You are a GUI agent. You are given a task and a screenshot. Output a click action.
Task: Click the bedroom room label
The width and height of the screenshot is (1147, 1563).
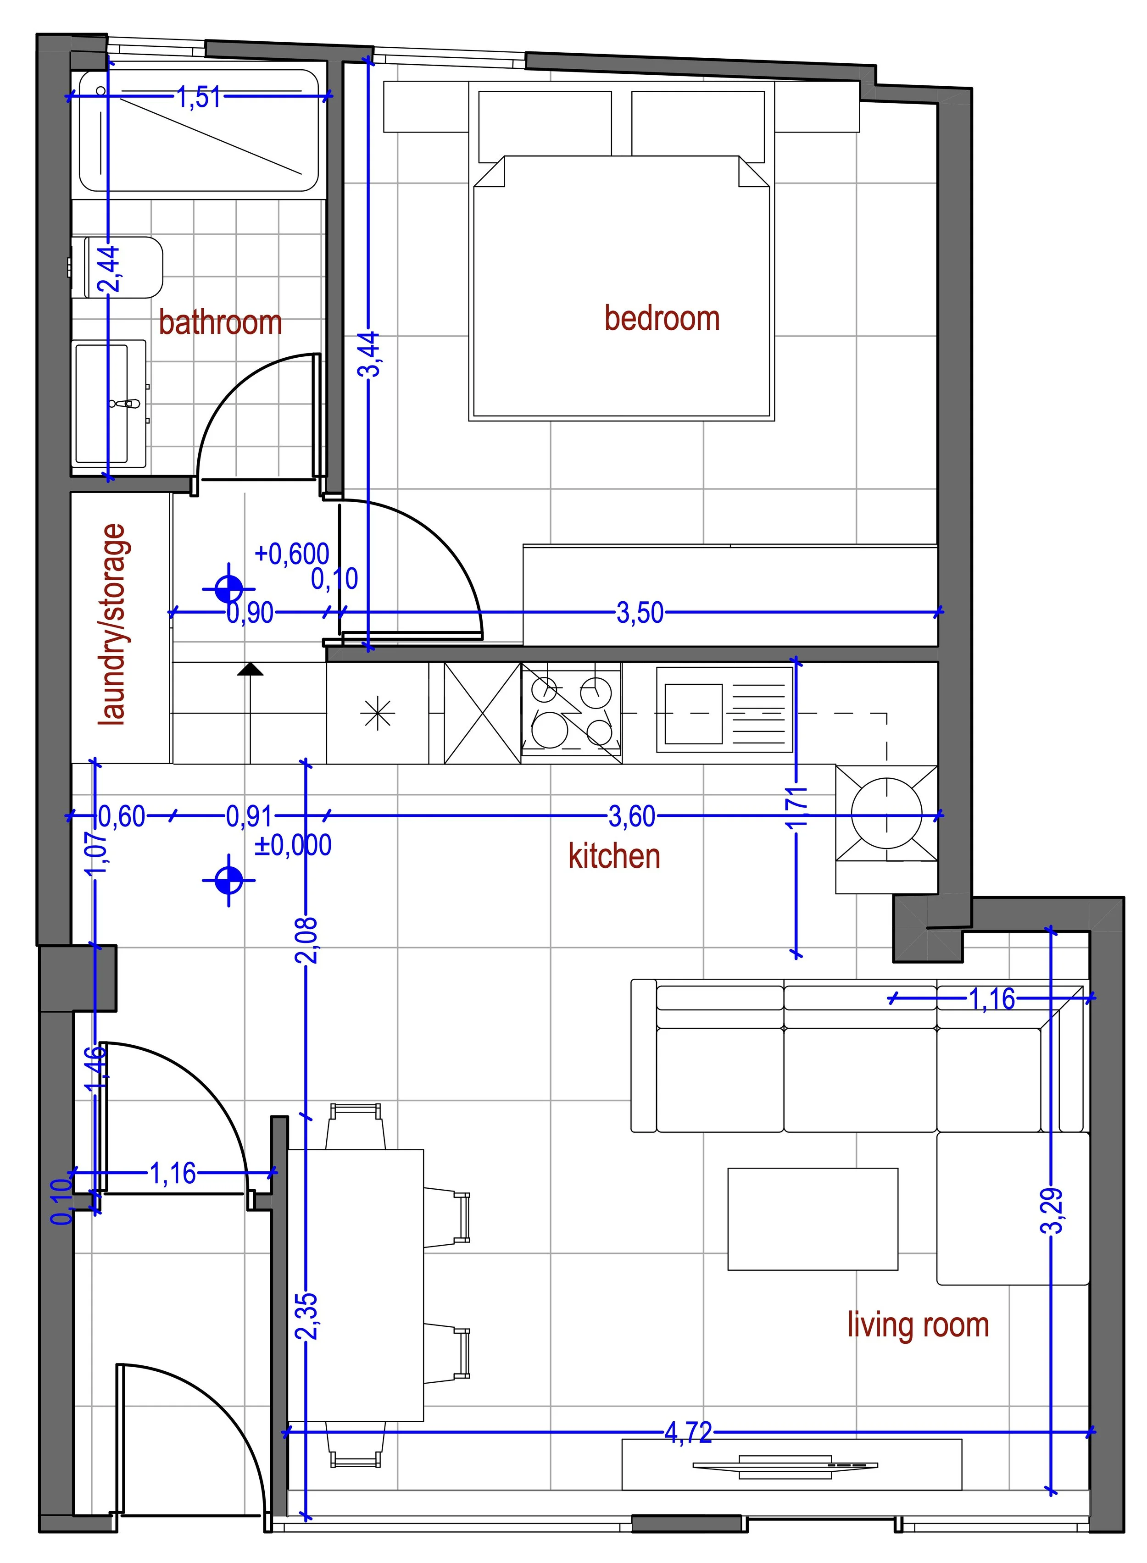pos(662,319)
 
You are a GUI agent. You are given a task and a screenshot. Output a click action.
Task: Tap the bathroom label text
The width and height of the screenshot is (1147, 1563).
pos(220,323)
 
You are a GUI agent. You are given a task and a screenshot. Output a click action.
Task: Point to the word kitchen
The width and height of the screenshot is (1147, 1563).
pos(614,856)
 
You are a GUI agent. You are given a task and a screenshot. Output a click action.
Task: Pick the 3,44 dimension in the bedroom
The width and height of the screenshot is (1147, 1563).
pos(369,354)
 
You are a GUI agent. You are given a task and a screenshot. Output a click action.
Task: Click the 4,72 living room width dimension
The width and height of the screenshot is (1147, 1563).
pos(688,1432)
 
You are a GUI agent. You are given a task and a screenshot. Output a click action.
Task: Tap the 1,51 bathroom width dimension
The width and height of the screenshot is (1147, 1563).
pos(199,97)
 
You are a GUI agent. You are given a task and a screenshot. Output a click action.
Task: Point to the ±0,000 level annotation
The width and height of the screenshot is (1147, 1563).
pos(293,845)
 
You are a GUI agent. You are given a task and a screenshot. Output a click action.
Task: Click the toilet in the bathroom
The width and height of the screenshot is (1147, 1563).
pos(123,268)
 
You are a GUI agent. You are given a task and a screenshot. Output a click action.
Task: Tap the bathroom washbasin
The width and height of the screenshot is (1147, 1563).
pos(110,403)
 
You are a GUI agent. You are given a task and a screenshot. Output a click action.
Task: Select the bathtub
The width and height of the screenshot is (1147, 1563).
pos(199,131)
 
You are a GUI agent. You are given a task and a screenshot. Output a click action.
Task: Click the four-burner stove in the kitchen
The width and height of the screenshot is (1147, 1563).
pos(571,713)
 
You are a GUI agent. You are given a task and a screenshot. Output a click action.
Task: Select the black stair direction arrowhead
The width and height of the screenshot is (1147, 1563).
pos(250,669)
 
